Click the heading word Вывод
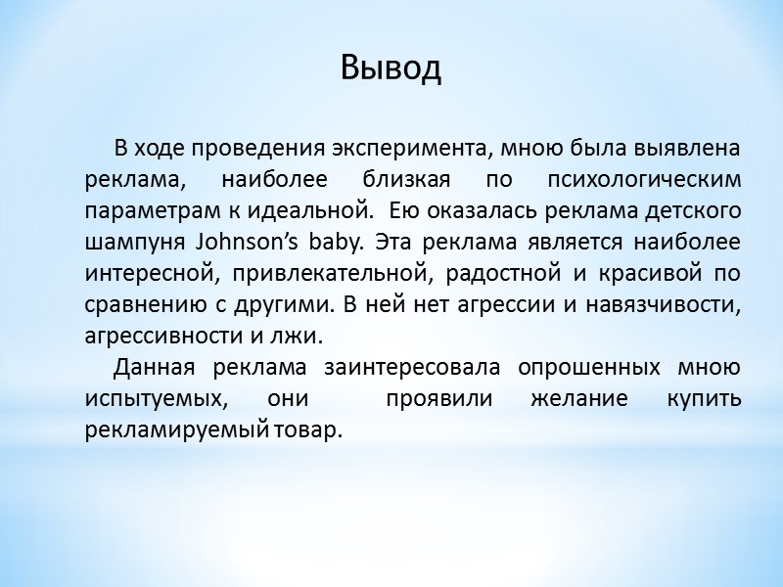coord(391,68)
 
